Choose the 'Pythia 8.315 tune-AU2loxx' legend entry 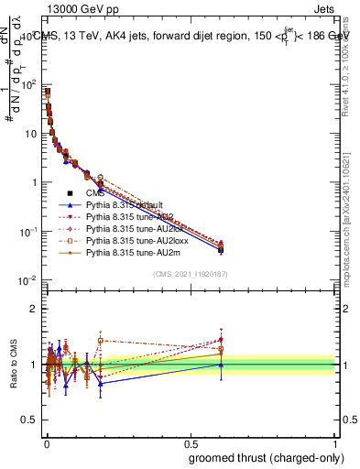pyautogui.click(x=135, y=241)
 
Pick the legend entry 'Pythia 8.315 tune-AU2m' pyautogui.click(x=131, y=253)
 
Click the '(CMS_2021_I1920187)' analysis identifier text pyautogui.click(x=190, y=273)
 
